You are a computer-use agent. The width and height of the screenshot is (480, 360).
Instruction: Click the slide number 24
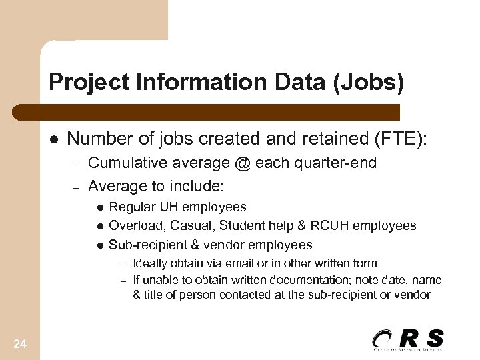tap(20, 344)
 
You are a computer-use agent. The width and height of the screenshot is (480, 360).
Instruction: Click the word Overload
tap(133, 226)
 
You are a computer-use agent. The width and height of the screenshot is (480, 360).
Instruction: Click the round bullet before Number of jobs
tap(53, 139)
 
